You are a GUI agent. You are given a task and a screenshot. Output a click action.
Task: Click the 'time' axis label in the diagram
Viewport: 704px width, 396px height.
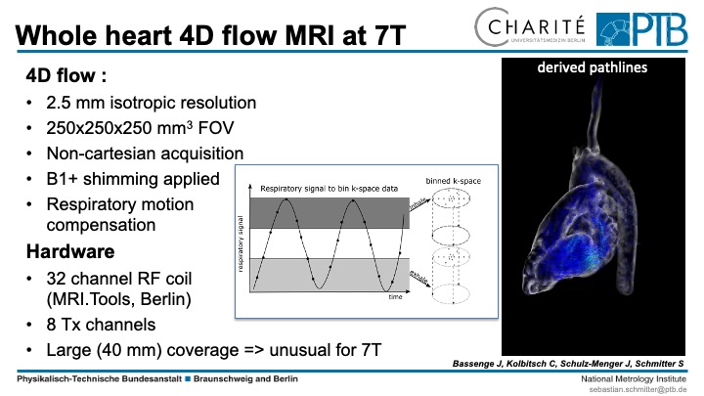click(x=395, y=296)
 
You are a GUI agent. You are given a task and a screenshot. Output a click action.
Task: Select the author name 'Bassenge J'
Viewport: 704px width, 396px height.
click(x=478, y=363)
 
